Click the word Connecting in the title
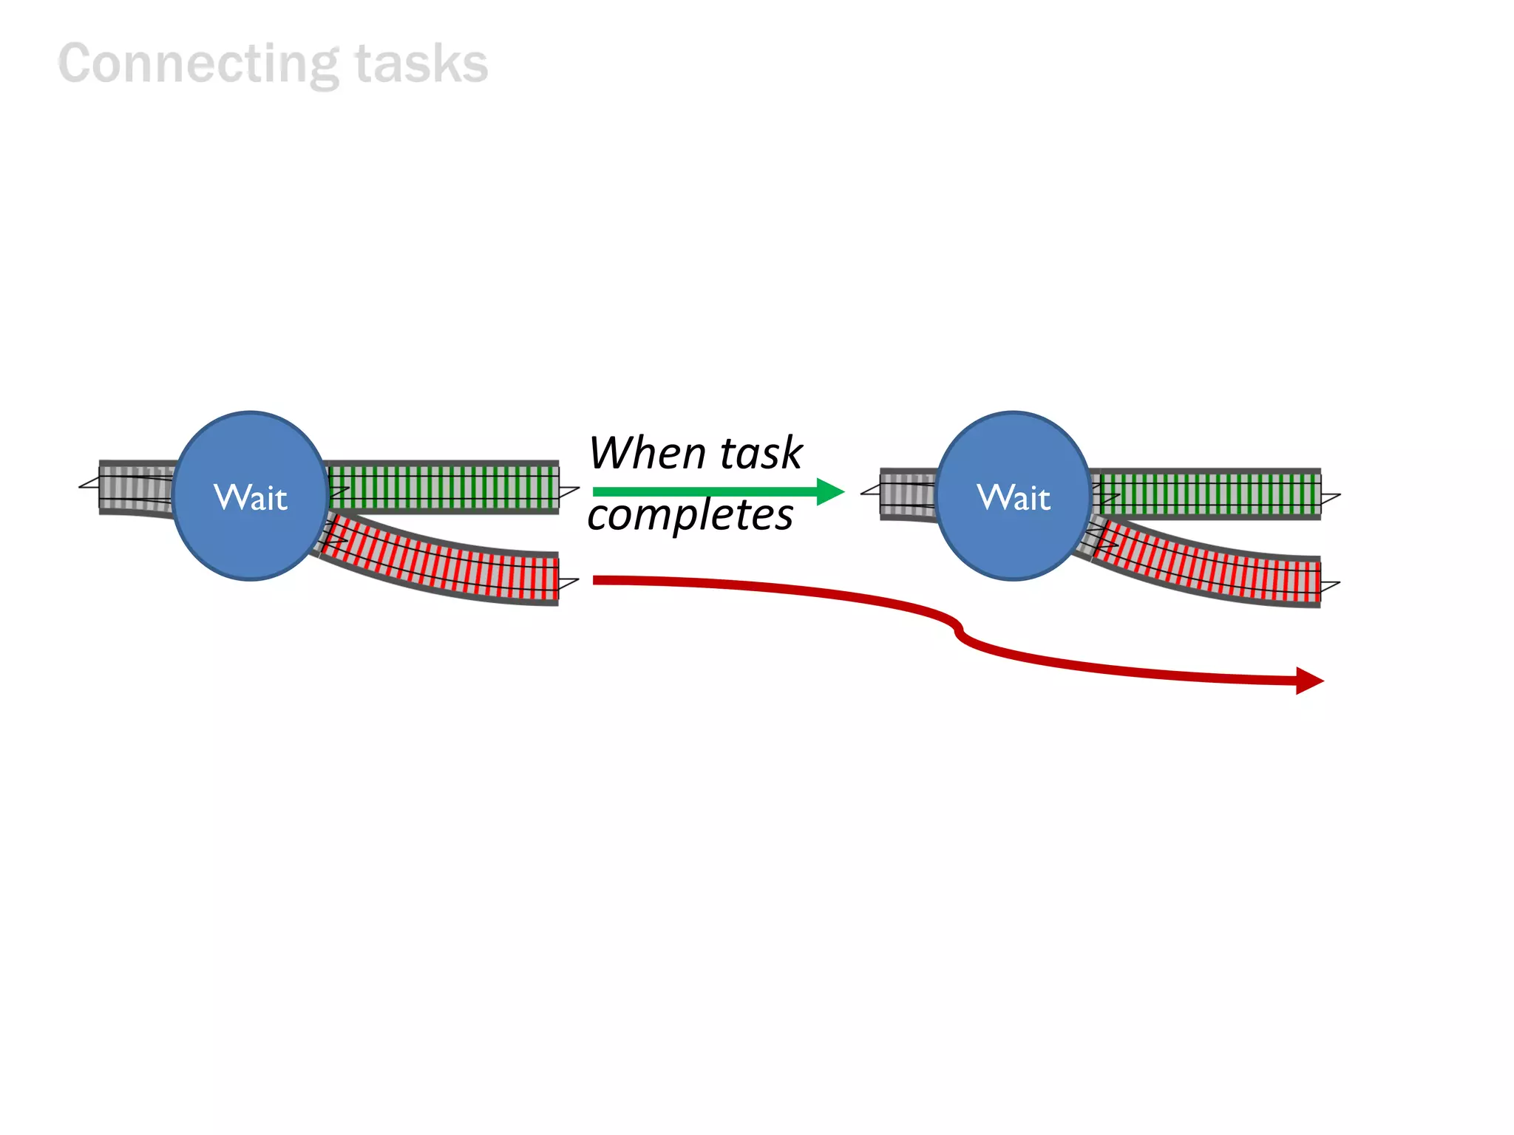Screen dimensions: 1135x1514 (x=198, y=64)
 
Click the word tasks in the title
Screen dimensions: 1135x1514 (x=421, y=64)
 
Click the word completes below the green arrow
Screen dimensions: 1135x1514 (x=690, y=515)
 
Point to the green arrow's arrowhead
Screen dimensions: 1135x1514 (x=831, y=491)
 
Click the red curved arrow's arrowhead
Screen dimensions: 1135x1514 (x=1309, y=681)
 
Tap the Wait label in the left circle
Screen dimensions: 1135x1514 (x=251, y=497)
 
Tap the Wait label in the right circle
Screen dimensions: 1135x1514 (x=1014, y=497)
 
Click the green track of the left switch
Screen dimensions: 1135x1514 (x=444, y=487)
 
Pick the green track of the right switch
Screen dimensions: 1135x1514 (x=1209, y=493)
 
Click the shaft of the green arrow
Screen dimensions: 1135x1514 (x=702, y=491)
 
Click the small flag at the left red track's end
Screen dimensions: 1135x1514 (x=568, y=584)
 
